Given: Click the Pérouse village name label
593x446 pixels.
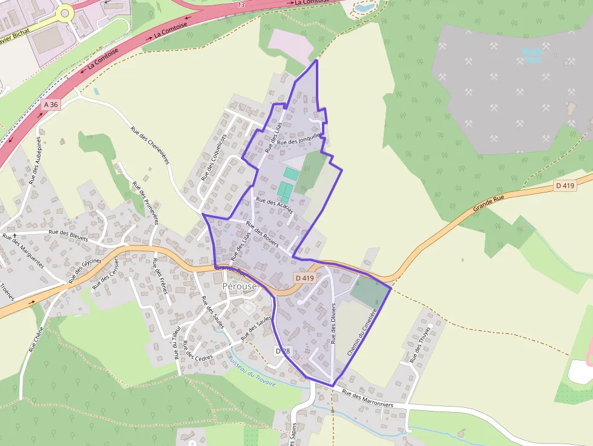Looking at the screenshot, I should tap(240, 286).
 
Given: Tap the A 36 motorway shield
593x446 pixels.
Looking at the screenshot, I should tap(51, 105).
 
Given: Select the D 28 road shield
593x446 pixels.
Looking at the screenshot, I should tap(283, 351).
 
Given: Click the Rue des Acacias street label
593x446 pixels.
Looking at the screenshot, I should tap(275, 206).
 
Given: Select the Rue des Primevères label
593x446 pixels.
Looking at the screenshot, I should tap(145, 203).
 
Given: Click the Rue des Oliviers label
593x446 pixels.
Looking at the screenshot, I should tap(333, 324).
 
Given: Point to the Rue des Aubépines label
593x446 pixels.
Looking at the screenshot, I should tap(35, 160).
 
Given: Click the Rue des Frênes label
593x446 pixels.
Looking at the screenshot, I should tap(160, 276).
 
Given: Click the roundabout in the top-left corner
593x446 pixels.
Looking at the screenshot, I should tap(64, 12).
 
